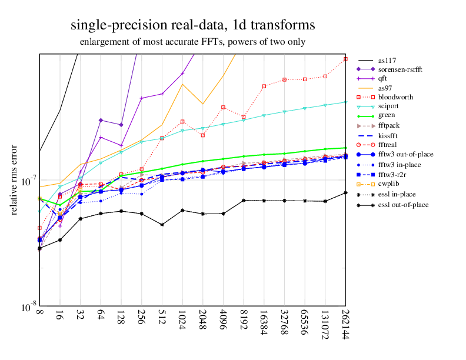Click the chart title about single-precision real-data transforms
coord(192,26)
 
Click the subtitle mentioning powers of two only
coord(192,42)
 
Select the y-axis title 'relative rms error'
coord(14,179)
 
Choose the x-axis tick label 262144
coord(345,325)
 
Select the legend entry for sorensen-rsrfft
coord(401,69)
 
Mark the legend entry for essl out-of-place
coord(403,205)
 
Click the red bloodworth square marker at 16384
coord(264,86)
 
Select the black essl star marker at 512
coord(162,225)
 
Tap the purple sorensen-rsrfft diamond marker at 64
coord(101,120)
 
